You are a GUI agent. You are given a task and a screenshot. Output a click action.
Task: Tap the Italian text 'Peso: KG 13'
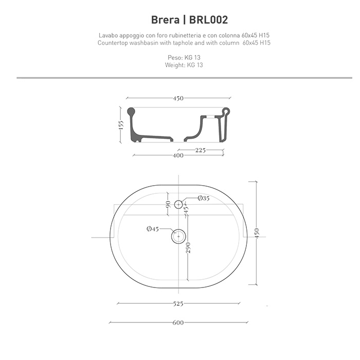coord(180,58)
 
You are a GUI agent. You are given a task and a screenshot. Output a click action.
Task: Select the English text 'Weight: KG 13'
coord(180,65)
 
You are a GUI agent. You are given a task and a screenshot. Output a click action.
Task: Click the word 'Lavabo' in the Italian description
coord(109,35)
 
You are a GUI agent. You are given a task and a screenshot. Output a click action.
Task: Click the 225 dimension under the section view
coord(201,151)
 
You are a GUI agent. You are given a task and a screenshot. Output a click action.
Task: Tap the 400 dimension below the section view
coord(178,156)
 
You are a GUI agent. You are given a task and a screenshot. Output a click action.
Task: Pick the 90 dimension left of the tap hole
coord(168,205)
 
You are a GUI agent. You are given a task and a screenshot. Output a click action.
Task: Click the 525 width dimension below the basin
coord(178,304)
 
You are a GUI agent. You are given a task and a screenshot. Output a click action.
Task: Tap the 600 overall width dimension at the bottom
coord(178,323)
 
